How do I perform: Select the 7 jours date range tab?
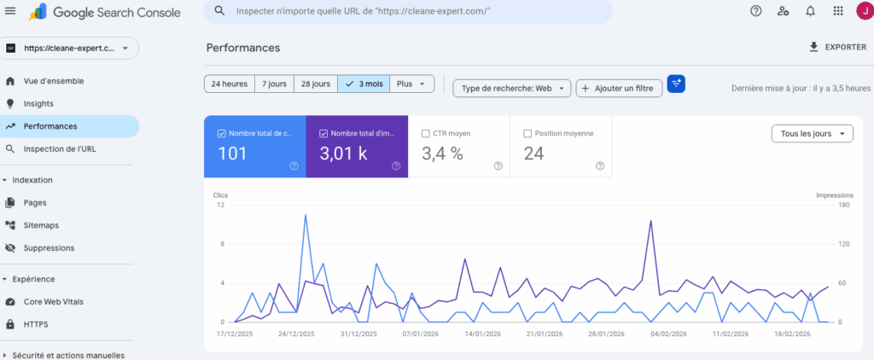point(274,84)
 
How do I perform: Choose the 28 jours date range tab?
point(315,84)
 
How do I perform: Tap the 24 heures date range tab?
point(229,84)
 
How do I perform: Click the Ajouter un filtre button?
point(619,88)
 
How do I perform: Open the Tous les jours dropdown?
point(812,134)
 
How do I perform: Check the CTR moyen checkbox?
point(426,133)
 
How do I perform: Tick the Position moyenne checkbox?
point(527,133)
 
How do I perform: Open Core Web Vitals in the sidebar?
point(54,302)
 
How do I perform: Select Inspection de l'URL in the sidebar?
point(60,148)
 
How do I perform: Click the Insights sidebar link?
point(38,103)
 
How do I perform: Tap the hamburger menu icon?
point(11,11)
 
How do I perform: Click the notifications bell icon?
point(810,11)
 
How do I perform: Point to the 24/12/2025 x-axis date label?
point(296,334)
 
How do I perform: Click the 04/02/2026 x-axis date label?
point(667,334)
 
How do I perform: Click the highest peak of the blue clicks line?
point(306,215)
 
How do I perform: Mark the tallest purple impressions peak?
point(651,221)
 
